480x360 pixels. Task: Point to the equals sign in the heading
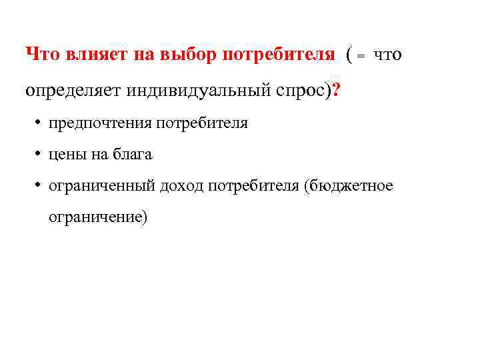tap(361, 57)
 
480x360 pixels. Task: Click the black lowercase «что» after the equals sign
tap(387, 55)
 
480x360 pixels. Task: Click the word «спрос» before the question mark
tap(300, 91)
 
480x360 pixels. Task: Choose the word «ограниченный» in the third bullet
tap(101, 186)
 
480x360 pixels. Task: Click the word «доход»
tap(181, 186)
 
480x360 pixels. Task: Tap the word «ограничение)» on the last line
tap(96, 217)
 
